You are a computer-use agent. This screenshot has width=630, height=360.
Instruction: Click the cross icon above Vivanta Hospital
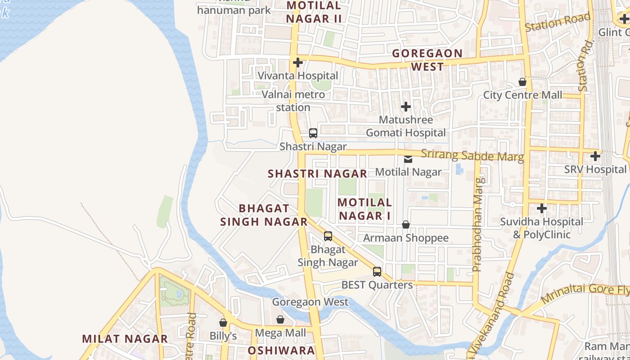[297, 63]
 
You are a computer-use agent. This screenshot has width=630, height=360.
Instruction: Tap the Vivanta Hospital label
[298, 76]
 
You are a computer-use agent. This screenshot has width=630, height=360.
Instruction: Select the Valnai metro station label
[293, 101]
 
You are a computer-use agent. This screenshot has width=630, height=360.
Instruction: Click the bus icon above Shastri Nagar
[313, 133]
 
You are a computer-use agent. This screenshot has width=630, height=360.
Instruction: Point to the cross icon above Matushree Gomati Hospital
[406, 107]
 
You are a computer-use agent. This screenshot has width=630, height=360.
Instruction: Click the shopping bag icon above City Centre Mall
[522, 82]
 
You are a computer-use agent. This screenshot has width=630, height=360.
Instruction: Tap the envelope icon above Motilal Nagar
[408, 159]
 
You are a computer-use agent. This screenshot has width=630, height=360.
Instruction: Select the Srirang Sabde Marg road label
[472, 156]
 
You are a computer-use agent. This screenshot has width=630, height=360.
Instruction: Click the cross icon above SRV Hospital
[595, 156]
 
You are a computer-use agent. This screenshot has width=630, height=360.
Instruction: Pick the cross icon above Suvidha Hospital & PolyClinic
[542, 208]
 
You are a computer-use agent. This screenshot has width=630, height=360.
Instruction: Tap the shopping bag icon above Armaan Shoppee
[406, 225]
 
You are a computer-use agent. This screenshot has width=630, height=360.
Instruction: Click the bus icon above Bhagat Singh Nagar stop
[328, 236]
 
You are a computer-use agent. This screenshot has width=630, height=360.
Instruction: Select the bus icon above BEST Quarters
[377, 272]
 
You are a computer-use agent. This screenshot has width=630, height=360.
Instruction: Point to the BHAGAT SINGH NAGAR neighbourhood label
[264, 215]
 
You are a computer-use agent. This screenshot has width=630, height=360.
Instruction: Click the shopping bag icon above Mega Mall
[280, 319]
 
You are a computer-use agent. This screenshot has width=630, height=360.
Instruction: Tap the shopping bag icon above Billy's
[223, 323]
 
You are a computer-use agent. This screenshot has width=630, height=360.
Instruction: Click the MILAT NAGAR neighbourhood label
[125, 339]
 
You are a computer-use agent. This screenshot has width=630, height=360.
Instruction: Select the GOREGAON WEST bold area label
[427, 60]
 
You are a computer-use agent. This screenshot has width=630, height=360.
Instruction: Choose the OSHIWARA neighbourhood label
[281, 351]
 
